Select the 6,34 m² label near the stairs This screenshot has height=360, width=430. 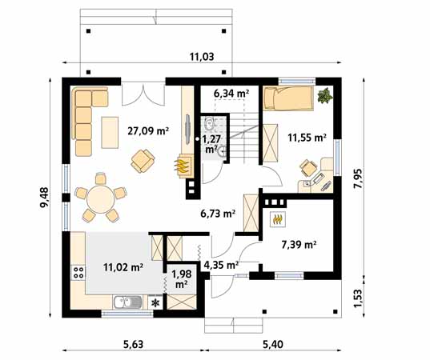[x=231, y=94]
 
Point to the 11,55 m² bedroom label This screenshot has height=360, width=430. [x=307, y=138]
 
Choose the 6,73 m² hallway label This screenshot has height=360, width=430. [x=217, y=214]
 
